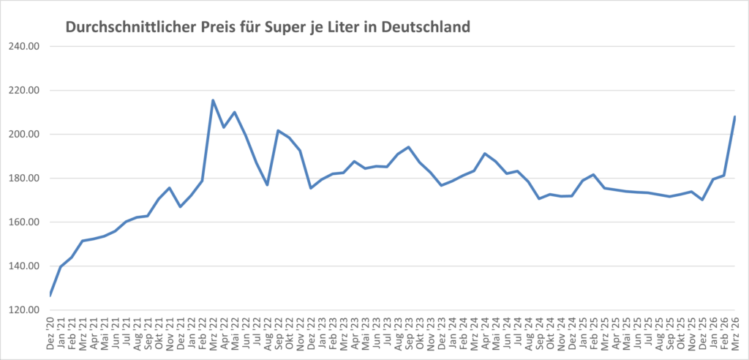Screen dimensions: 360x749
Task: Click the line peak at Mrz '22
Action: coord(213,100)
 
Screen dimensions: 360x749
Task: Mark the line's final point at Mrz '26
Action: coord(734,117)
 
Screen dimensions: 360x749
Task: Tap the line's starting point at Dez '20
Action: coord(50,295)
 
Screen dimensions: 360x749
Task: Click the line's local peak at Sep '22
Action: coord(278,130)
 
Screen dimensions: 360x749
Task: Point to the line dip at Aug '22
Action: coord(267,184)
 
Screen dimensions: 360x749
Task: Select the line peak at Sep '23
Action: coord(408,147)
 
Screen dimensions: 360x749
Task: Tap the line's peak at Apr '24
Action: coord(484,154)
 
